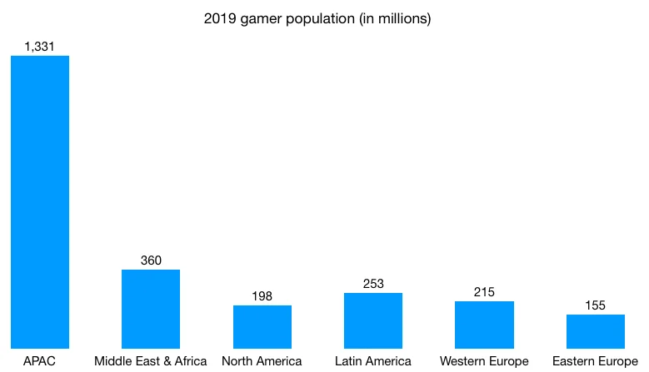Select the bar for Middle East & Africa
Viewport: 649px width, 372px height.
click(x=151, y=309)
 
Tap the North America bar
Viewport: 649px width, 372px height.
click(x=262, y=326)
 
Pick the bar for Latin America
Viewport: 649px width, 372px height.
click(x=373, y=320)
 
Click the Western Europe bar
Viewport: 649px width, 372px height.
click(x=484, y=325)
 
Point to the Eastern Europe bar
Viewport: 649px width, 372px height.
click(x=596, y=331)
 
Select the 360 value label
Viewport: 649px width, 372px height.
click(x=151, y=260)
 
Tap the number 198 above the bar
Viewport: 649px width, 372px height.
click(x=262, y=296)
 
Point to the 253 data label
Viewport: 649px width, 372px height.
click(x=373, y=284)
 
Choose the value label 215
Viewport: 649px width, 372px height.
click(x=484, y=292)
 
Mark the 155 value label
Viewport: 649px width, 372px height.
click(x=596, y=305)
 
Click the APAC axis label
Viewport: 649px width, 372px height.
click(x=39, y=361)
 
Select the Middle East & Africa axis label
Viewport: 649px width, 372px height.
click(x=151, y=361)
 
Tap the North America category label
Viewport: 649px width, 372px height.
click(x=262, y=361)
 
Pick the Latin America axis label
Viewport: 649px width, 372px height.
click(x=373, y=361)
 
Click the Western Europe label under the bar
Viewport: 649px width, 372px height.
click(x=484, y=361)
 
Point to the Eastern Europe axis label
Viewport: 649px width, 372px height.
click(x=596, y=361)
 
